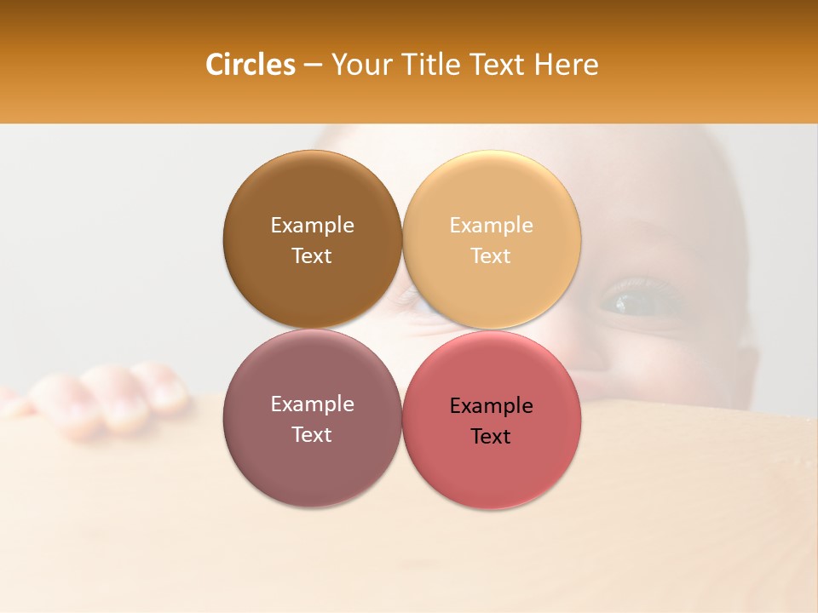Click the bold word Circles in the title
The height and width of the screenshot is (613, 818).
coord(250,65)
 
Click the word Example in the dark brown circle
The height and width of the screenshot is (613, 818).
coord(312,226)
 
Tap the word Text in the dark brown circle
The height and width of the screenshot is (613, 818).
coord(312,255)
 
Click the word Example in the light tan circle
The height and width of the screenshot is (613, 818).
coord(492,226)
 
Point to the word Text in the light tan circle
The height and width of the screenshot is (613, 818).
coord(492,255)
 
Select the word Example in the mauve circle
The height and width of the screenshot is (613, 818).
coord(312,404)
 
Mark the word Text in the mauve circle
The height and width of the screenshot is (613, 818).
coord(312,434)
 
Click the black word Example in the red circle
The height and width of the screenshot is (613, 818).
coord(492,406)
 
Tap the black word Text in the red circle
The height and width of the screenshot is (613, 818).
coord(492,437)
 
